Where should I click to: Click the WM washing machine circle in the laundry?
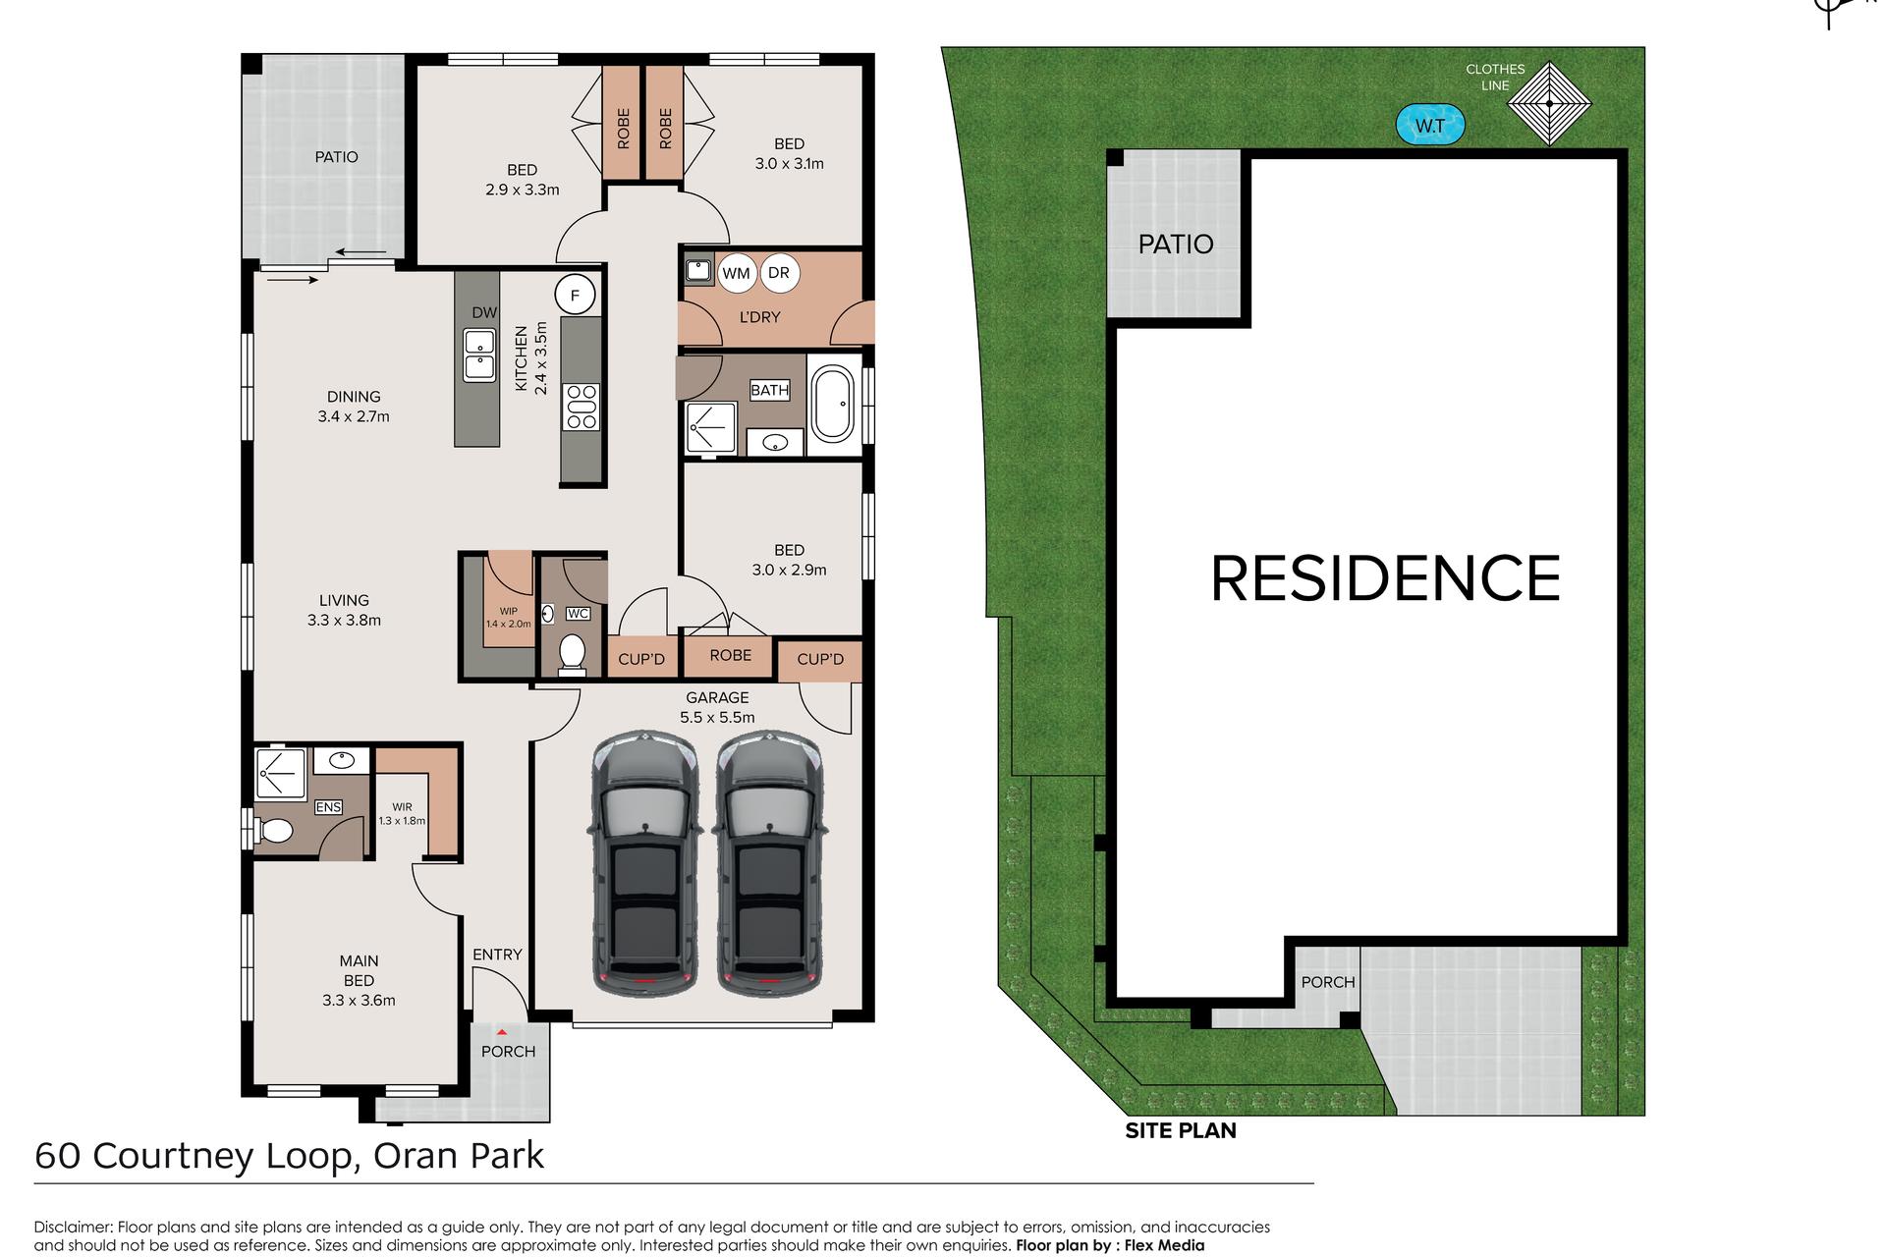pyautogui.click(x=736, y=273)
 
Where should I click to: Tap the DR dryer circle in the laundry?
pyautogui.click(x=779, y=272)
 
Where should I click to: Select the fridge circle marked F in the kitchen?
pyautogui.click(x=575, y=295)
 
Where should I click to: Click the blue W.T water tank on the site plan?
pyautogui.click(x=1430, y=126)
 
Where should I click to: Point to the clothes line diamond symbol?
pyautogui.click(x=1549, y=103)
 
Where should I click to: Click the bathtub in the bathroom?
pyautogui.click(x=832, y=404)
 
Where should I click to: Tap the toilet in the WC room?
pyautogui.click(x=572, y=654)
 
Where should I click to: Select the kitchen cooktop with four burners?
pyautogui.click(x=582, y=408)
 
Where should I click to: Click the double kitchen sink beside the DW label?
pyautogui.click(x=479, y=355)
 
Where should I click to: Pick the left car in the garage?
pyautogui.click(x=644, y=862)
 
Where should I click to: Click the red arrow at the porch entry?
pyautogui.click(x=502, y=1032)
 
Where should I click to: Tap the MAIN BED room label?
pyautogui.click(x=359, y=970)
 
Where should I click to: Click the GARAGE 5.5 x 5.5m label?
pyautogui.click(x=717, y=707)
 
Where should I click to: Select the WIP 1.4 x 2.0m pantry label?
pyautogui.click(x=508, y=618)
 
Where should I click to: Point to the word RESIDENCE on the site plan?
pyautogui.click(x=1385, y=578)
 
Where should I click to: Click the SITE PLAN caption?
pyautogui.click(x=1181, y=1130)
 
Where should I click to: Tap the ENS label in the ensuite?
pyautogui.click(x=328, y=807)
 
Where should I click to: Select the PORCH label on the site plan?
pyautogui.click(x=1328, y=982)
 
